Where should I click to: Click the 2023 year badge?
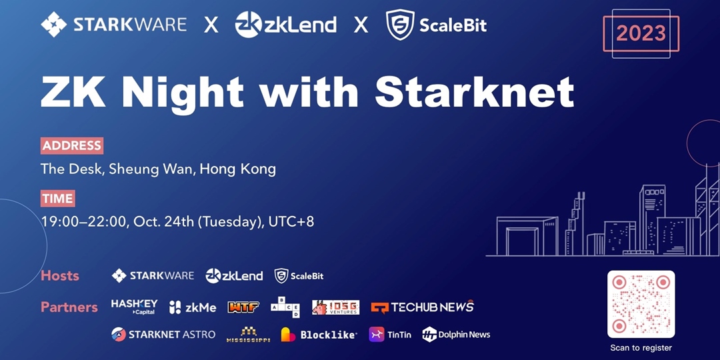click(641, 33)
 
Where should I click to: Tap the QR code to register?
click(641, 304)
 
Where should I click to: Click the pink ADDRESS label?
click(72, 145)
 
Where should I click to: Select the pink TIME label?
click(57, 199)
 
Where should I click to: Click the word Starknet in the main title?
click(475, 93)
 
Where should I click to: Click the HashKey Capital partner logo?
click(134, 307)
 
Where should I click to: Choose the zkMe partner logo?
click(193, 307)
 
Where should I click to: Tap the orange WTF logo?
click(243, 307)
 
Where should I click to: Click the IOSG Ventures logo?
click(335, 307)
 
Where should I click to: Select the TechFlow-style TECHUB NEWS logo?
click(422, 307)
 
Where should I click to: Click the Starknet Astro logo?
click(163, 334)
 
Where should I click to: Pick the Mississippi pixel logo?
click(247, 335)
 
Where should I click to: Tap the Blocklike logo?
click(319, 335)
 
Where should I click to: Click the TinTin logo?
click(389, 335)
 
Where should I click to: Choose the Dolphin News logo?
click(456, 335)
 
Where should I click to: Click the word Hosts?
click(60, 276)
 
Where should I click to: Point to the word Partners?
click(69, 307)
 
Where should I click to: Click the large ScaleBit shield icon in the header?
click(400, 25)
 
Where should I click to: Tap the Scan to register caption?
click(641, 348)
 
